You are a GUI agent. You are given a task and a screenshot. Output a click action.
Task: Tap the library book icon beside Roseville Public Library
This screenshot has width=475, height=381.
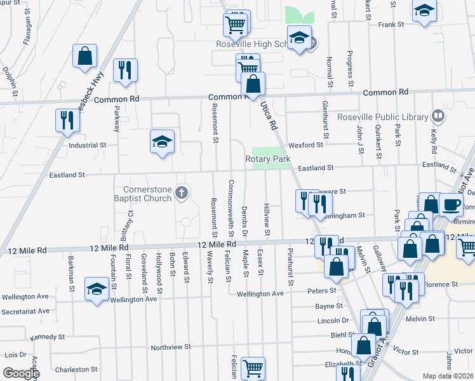coord(437,116)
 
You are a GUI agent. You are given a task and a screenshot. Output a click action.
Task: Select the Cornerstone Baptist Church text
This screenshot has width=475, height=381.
coord(147,194)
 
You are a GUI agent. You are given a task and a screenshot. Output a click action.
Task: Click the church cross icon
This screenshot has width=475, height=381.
coord(182,192)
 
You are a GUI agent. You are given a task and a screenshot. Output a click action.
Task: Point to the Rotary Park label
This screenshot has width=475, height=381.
coord(267,159)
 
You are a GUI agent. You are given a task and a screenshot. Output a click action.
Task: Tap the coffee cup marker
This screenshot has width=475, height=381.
coord(451,205)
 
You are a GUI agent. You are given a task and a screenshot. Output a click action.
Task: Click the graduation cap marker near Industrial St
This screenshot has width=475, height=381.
coord(162,142)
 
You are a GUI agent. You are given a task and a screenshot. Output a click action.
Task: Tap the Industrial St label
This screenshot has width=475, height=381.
coord(87,145)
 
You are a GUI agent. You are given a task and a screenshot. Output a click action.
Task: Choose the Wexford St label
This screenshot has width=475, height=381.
coord(305,145)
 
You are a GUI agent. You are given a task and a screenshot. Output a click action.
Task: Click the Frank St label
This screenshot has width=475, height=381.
coord(391,24)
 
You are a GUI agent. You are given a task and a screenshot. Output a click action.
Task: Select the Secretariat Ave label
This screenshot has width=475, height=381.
coord(25,311)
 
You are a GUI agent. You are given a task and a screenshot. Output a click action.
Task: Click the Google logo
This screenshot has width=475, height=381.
coord(20,373)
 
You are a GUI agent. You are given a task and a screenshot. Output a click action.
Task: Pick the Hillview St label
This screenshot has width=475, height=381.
coord(267,216)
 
